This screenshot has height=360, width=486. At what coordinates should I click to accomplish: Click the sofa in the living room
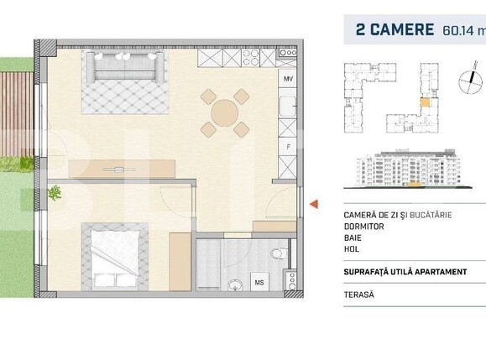point(123,67)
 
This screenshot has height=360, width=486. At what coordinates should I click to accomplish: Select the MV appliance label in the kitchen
point(287,79)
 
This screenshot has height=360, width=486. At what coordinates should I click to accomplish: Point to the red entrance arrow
point(314,204)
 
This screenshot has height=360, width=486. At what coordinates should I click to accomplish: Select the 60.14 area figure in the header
point(457,32)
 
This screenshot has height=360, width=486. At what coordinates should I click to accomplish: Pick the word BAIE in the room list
point(355,240)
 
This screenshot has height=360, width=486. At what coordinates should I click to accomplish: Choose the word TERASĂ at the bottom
point(359,295)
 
